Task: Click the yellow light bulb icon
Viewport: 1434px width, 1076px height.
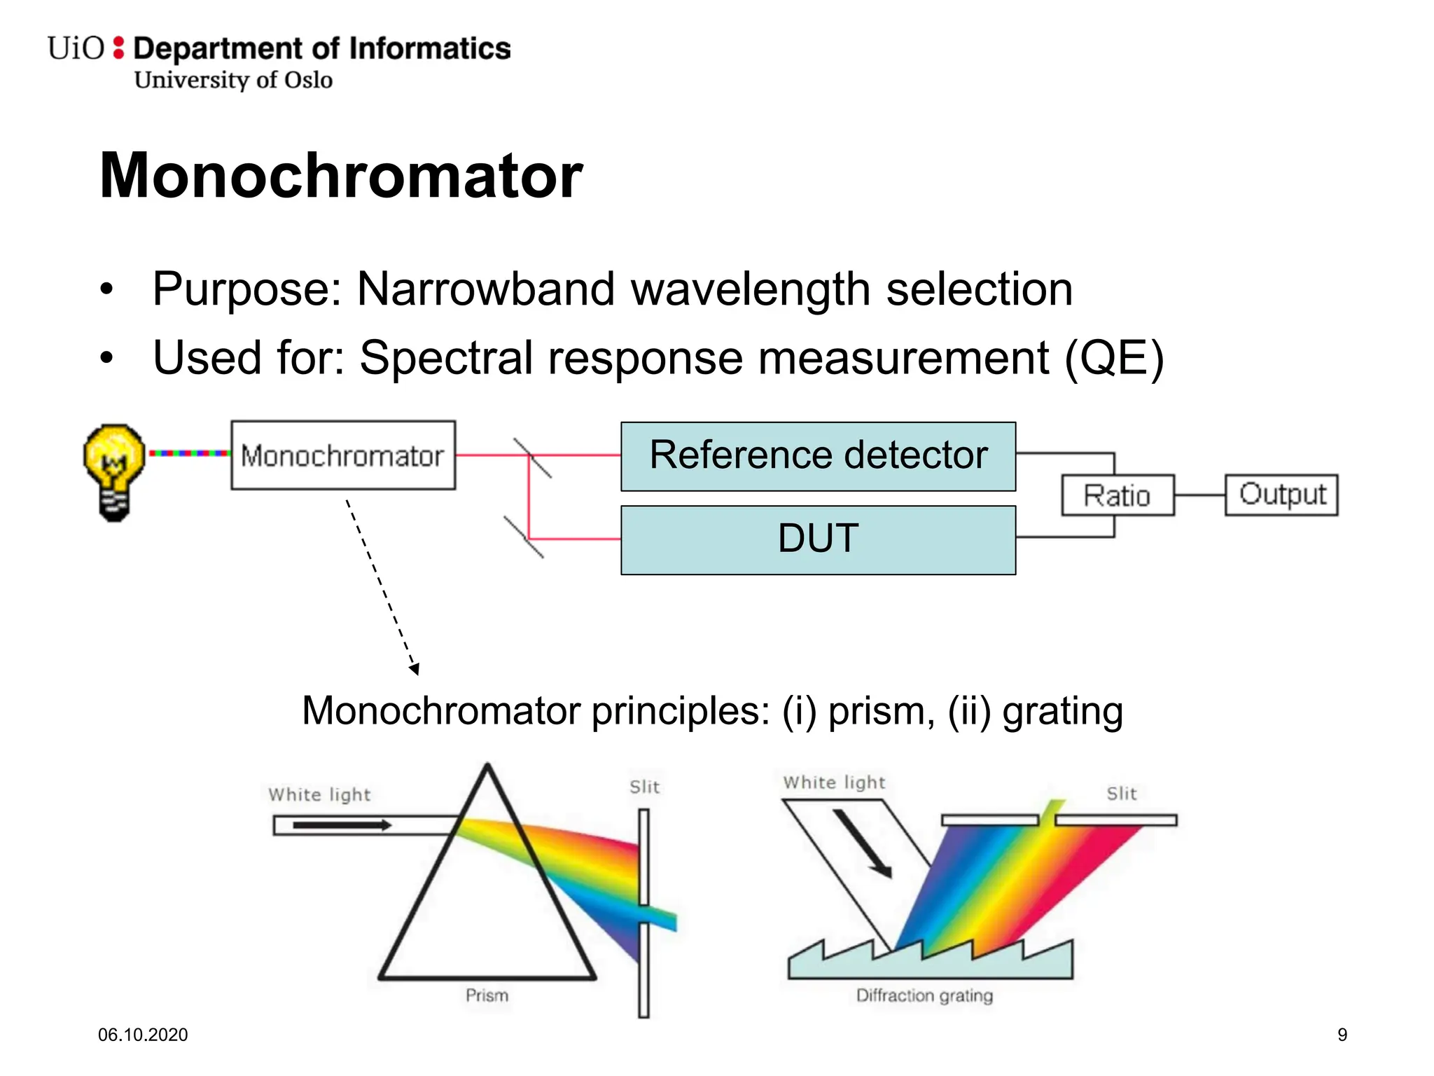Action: [x=114, y=471]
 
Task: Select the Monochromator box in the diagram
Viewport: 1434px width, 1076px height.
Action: [x=343, y=455]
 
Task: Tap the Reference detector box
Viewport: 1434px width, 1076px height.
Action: [x=818, y=456]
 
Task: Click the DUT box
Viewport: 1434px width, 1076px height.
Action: [x=818, y=539]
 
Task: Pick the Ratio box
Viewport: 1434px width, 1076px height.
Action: [x=1117, y=495]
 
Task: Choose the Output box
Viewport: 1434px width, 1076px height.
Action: [x=1281, y=495]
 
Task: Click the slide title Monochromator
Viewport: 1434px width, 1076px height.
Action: [x=341, y=175]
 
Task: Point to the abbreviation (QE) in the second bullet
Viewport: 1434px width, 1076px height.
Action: [x=1114, y=358]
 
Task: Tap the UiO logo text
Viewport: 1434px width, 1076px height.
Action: [x=76, y=49]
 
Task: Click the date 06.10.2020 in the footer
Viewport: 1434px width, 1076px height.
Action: [x=143, y=1035]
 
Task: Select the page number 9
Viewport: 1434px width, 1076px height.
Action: [x=1342, y=1035]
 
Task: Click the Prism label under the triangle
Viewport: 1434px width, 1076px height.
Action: [x=487, y=995]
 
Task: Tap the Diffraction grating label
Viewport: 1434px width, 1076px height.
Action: [x=924, y=995]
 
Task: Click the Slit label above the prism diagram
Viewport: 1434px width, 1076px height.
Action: [x=644, y=787]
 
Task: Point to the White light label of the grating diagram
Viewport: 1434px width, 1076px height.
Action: [x=834, y=782]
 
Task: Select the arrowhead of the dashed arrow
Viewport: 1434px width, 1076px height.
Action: [x=415, y=669]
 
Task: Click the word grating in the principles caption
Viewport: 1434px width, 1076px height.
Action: [x=1062, y=712]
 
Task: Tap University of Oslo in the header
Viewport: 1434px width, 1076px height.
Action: [x=233, y=80]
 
